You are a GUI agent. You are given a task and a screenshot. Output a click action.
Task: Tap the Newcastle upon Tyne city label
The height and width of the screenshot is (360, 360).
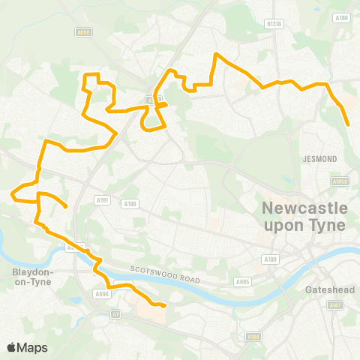tap(304, 216)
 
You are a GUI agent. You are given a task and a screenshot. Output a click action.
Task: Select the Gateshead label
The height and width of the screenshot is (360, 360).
tap(325, 289)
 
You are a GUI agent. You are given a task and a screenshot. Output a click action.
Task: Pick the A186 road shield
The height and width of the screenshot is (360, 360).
tap(130, 203)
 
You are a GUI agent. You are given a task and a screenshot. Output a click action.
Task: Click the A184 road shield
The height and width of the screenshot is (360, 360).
tap(253, 337)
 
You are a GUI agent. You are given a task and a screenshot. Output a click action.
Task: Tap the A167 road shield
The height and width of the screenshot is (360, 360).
tap(334, 305)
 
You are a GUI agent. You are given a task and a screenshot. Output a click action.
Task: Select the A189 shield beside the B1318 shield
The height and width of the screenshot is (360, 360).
tap(341, 17)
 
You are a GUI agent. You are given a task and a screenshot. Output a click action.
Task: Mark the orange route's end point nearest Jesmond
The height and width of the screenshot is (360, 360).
tap(348, 125)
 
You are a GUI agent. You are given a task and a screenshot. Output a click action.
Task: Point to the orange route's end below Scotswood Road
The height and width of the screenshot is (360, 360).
tap(164, 305)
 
